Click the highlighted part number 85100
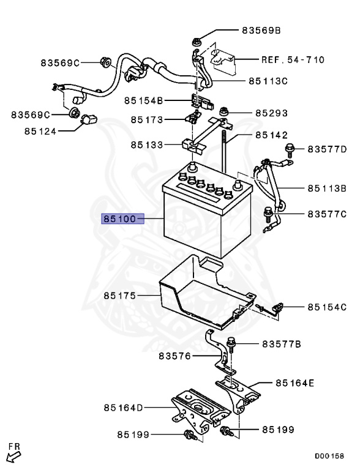(x=122, y=218)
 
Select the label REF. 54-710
(x=293, y=59)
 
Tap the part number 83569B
(x=260, y=29)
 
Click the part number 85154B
(x=143, y=100)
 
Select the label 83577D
(x=327, y=149)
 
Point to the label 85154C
(x=327, y=306)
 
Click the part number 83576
(x=174, y=356)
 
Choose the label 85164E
(x=294, y=383)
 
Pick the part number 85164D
(x=122, y=407)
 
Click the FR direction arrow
(x=14, y=453)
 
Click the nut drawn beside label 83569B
(x=197, y=42)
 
